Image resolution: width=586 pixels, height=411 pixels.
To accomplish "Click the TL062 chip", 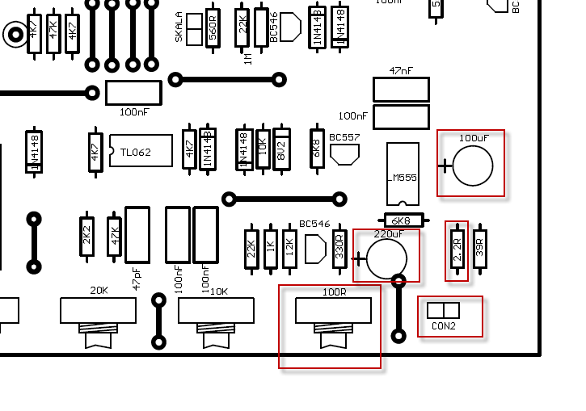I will click(x=141, y=151).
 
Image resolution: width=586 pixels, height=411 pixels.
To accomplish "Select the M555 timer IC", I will click(x=403, y=174).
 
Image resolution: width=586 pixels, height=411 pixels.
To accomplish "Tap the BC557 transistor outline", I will click(x=344, y=153).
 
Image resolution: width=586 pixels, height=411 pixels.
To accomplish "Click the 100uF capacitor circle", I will click(x=473, y=166).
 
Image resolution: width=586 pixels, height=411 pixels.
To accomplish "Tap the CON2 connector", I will click(x=443, y=311).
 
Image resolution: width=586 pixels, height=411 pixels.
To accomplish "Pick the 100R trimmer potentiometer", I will click(x=333, y=312).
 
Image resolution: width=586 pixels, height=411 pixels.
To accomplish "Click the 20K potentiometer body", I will click(x=98, y=311).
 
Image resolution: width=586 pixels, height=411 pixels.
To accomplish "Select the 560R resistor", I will click(x=213, y=30).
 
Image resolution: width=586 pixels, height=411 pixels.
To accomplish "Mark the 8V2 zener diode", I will click(x=281, y=149).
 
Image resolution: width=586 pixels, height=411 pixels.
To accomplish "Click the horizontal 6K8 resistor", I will click(x=401, y=220).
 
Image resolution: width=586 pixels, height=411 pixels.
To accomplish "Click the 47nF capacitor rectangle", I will click(x=401, y=90).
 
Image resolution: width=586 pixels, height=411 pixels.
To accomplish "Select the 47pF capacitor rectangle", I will click(x=137, y=235).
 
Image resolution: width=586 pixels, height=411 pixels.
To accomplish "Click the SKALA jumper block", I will click(x=194, y=29).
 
